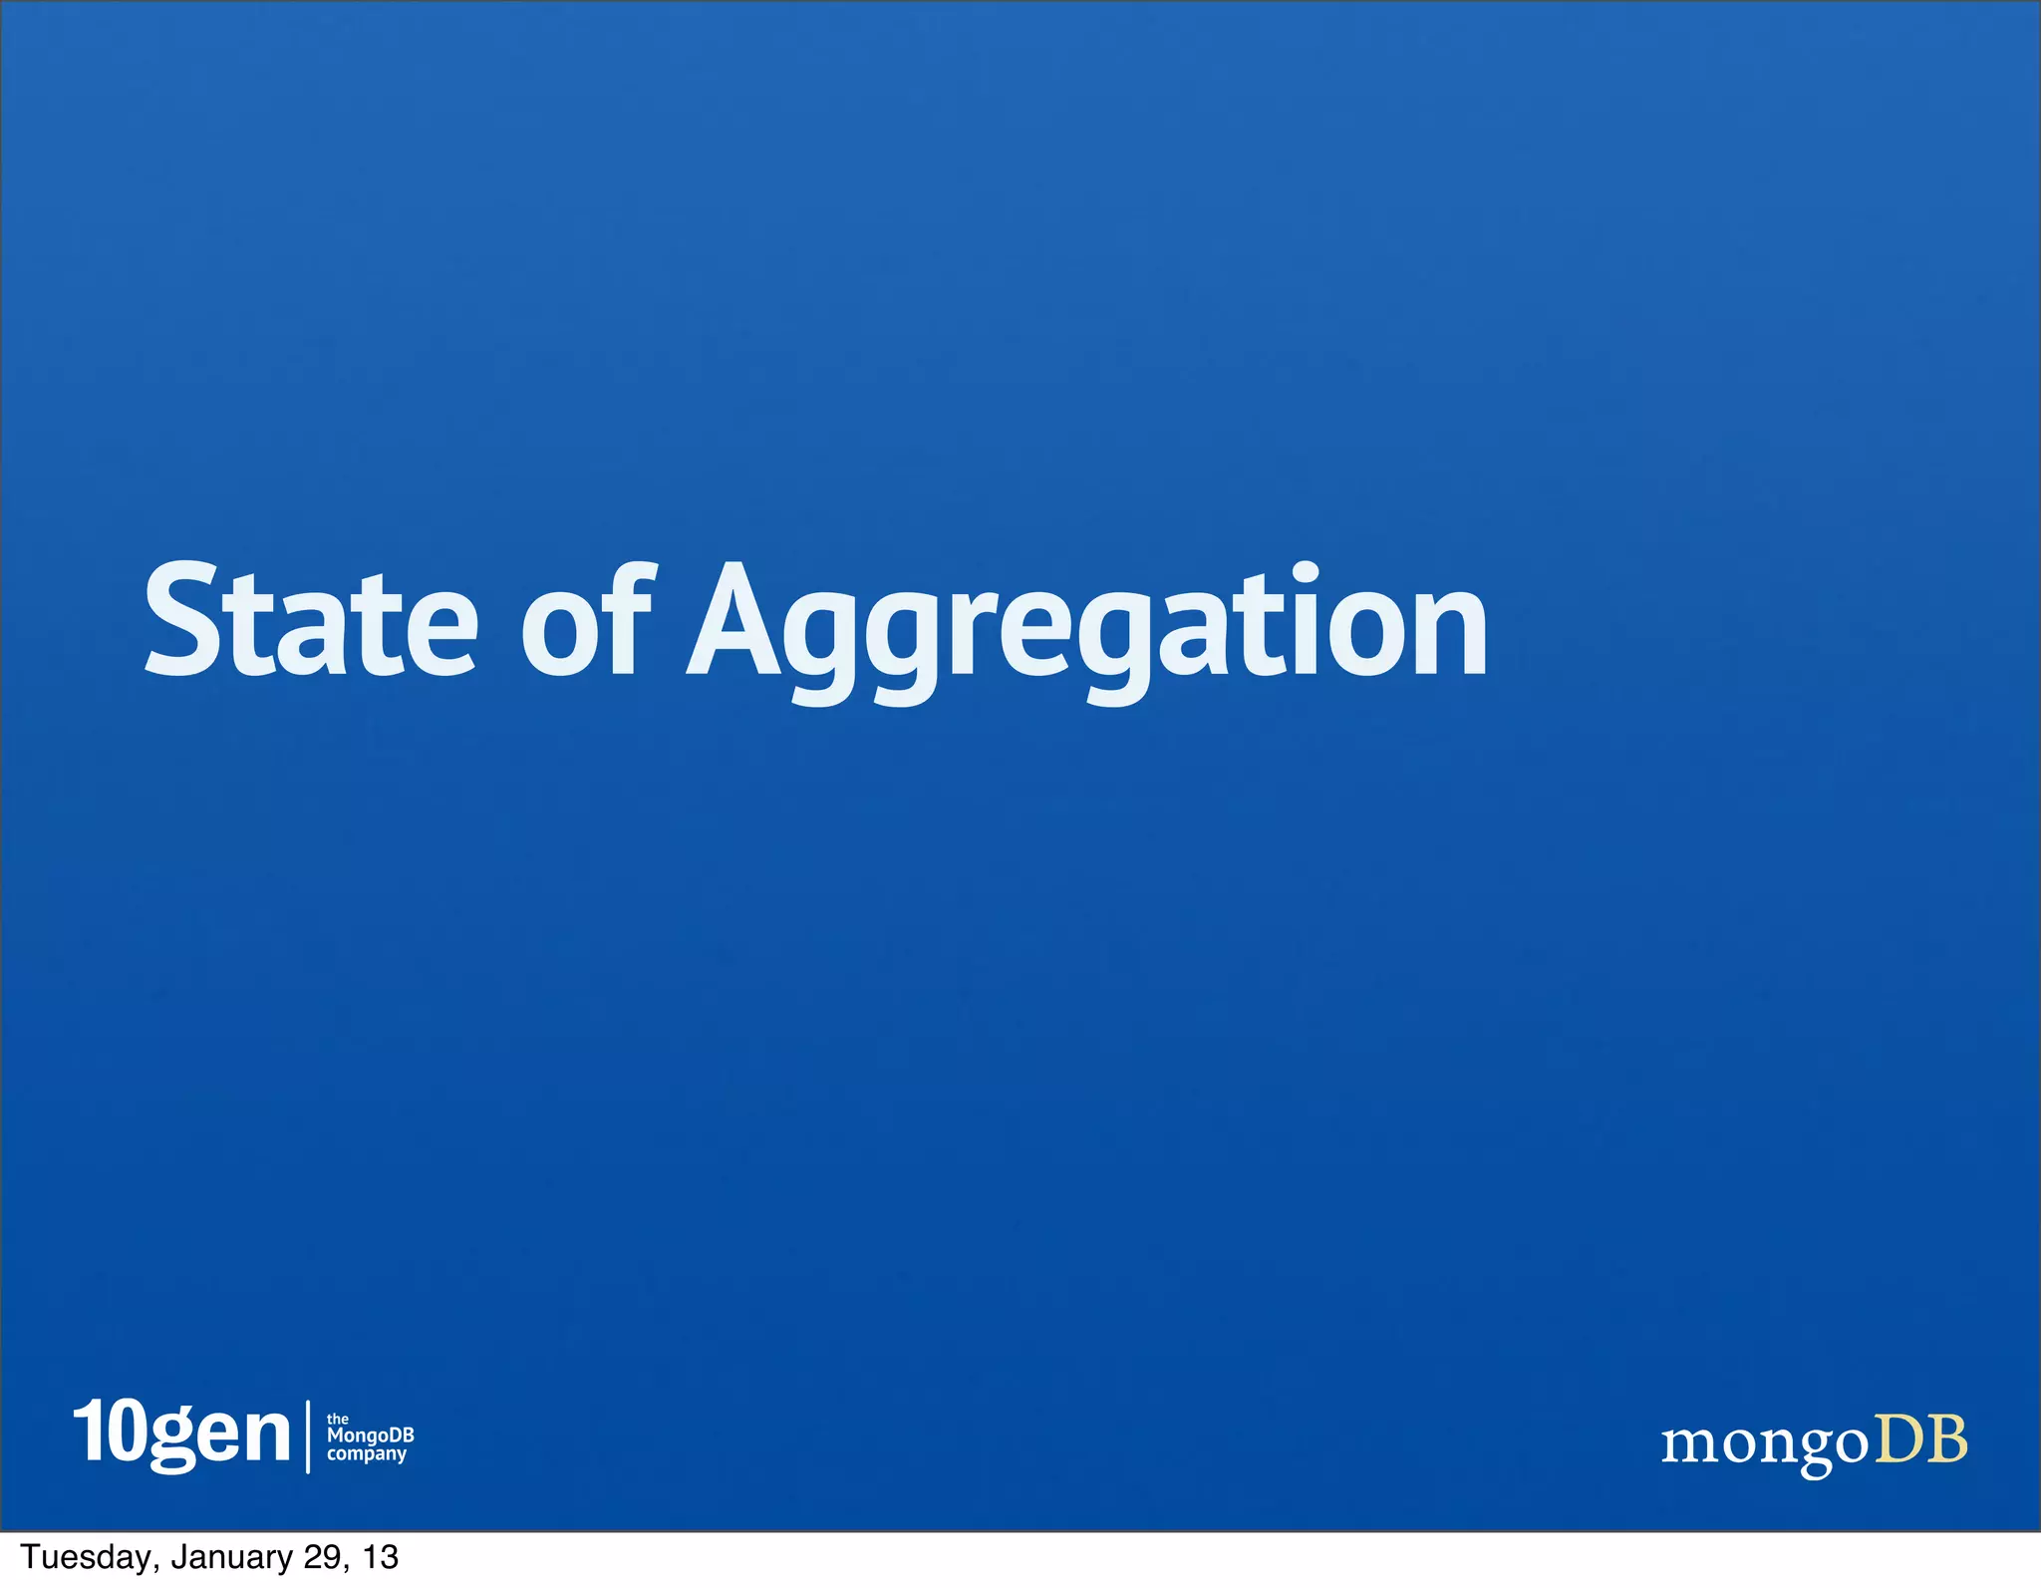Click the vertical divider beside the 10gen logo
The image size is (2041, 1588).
[x=308, y=1435]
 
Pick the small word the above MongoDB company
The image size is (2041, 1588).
[x=338, y=1418]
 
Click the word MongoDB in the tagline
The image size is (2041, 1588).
[x=370, y=1435]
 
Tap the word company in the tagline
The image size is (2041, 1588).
[x=367, y=1454]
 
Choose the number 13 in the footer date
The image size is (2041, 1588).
[x=381, y=1557]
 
